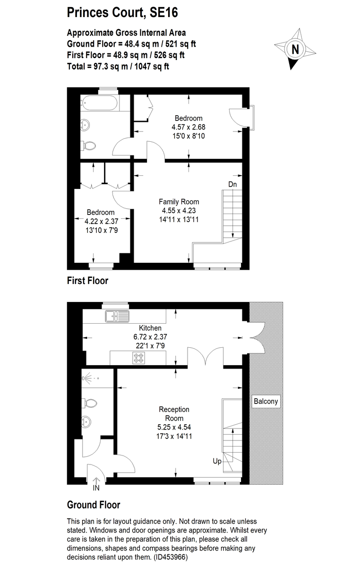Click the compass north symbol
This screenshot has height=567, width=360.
295,49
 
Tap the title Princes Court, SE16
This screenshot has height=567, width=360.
122,12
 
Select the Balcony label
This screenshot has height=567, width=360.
266,402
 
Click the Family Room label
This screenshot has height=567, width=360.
179,202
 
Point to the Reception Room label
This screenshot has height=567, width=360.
174,414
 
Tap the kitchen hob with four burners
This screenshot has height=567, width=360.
138,359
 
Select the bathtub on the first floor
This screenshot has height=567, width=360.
100,103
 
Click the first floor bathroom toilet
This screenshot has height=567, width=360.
89,146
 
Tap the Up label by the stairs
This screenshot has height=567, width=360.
217,461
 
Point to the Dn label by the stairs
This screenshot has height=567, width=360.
232,184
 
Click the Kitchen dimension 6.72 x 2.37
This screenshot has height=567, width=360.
151,337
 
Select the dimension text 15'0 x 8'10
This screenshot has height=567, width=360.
189,136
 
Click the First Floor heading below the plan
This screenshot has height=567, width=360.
87,281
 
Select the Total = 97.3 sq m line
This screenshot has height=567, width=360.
118,66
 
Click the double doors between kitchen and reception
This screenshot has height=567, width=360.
205,357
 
